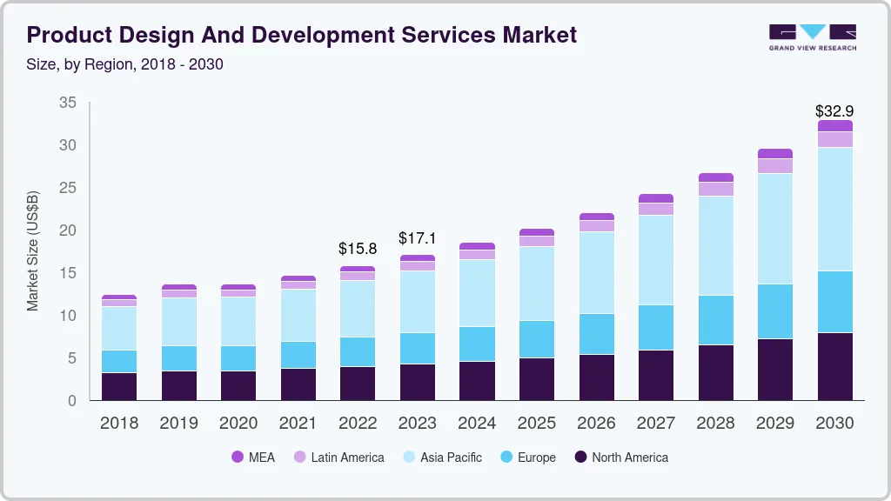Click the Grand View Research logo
[x=812, y=36]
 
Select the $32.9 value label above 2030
[x=834, y=110]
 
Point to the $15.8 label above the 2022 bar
[x=358, y=249]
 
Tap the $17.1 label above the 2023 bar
[x=417, y=237]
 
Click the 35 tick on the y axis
[x=67, y=103]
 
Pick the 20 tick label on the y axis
[x=67, y=230]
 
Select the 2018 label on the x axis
[x=118, y=423]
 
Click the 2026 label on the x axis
[x=596, y=423]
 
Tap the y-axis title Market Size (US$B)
[x=33, y=250]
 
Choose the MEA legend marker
[x=238, y=457]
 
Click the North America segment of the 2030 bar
[x=834, y=366]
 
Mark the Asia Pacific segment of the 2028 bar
[x=715, y=245]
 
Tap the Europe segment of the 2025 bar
[x=536, y=339]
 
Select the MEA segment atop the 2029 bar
[x=774, y=153]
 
